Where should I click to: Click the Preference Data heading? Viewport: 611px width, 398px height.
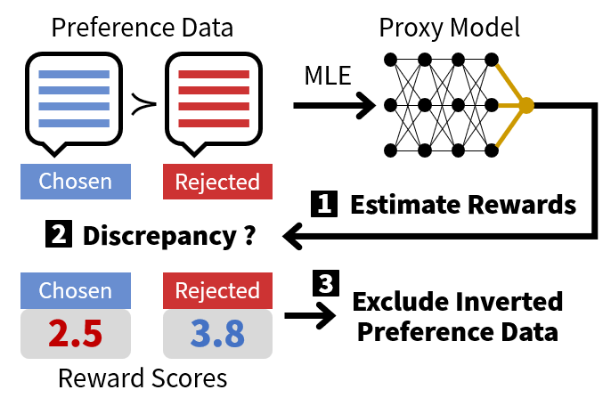point(143,26)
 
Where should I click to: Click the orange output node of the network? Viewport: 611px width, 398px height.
point(526,105)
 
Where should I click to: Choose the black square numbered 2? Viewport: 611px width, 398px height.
point(57,236)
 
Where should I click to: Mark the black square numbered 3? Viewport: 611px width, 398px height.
point(324,284)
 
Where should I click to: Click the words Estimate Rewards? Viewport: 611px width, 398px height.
point(462,205)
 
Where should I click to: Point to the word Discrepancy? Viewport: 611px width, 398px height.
point(161,237)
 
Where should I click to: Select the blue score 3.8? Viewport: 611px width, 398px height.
point(217,332)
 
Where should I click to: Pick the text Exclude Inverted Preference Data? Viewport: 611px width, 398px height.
point(457,316)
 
